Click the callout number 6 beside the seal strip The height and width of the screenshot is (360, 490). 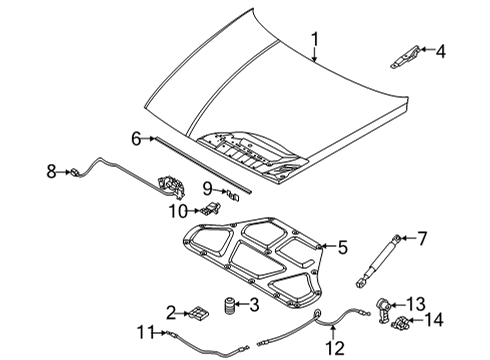coord(137,138)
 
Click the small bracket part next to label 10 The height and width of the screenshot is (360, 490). coord(211,208)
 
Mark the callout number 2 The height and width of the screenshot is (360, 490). coord(171,313)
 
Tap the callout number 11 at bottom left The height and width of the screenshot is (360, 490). coord(147,334)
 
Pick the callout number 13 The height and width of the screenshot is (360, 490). coord(442,302)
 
